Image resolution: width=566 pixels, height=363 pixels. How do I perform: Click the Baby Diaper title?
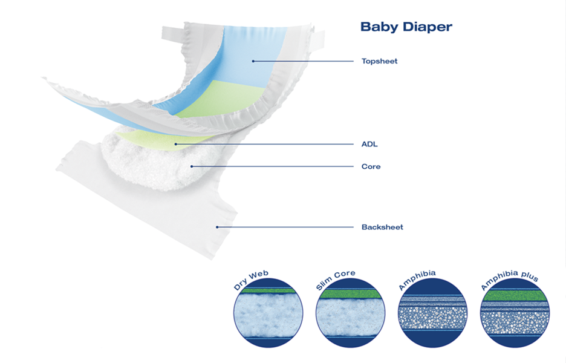406,27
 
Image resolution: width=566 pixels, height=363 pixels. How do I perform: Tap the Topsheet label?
379,61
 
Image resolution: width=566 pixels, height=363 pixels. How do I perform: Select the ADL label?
369,144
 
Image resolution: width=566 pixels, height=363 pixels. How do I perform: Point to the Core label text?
371,166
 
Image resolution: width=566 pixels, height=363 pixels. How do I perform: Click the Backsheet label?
382,227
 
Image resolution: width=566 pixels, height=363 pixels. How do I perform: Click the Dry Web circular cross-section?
268,313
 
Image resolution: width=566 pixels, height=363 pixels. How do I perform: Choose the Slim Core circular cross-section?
350,313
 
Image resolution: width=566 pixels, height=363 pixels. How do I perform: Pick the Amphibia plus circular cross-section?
515,313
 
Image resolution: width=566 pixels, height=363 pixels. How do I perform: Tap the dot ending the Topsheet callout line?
253,61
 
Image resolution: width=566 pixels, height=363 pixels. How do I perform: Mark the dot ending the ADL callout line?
176,144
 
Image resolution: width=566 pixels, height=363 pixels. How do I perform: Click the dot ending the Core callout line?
192,166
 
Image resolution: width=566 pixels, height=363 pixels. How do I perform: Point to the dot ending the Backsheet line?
217,227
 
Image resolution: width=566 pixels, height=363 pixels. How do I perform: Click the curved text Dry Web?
250,280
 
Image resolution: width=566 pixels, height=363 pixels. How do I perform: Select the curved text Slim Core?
335,279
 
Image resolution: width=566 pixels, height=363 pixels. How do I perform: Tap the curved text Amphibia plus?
509,279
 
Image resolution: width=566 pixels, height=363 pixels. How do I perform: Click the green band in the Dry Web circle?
268,291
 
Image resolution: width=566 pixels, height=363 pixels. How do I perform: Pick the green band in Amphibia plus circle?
515,295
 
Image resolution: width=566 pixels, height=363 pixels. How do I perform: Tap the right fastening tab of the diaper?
318,39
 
